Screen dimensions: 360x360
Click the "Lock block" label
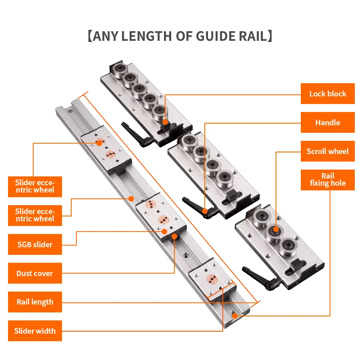328,94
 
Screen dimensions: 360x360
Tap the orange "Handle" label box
328,122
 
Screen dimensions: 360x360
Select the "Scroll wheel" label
328,151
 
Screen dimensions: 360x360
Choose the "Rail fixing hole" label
328,180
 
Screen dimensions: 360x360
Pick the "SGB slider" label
35,244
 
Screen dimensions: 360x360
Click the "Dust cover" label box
35,273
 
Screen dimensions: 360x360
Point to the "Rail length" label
35,302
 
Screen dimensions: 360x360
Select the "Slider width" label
35,331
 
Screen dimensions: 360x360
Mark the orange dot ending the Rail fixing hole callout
234,316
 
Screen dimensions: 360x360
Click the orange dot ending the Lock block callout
165,120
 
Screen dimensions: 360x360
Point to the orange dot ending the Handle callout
204,211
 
